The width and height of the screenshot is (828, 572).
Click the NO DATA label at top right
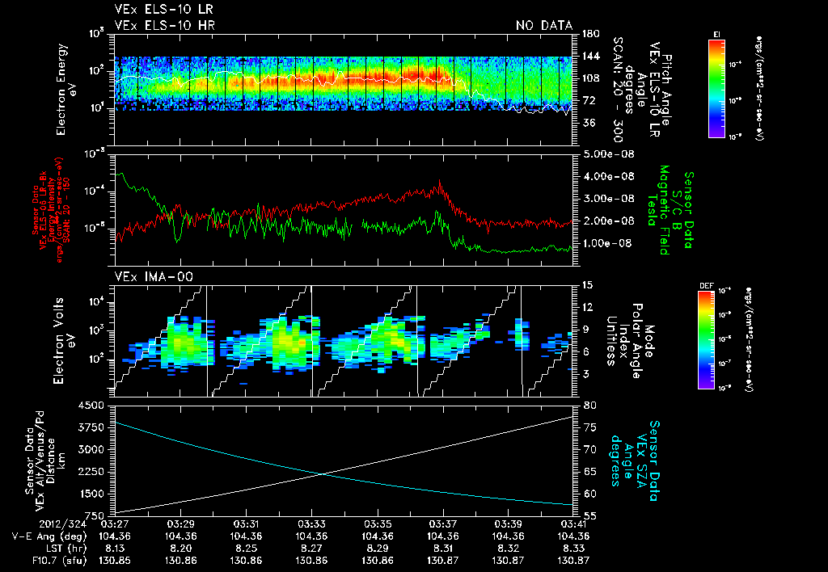click(x=544, y=26)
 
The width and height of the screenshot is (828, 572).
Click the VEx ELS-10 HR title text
click(x=158, y=26)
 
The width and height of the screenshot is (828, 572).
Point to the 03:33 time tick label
click(x=311, y=524)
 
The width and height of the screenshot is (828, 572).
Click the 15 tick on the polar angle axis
click(x=588, y=284)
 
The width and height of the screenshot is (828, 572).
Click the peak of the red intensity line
click(x=440, y=183)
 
